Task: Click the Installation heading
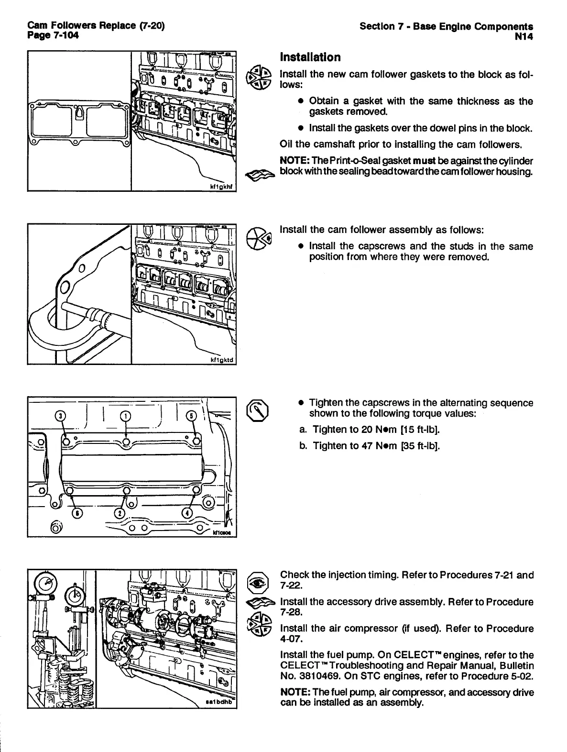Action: tap(310, 57)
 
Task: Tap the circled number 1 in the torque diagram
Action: tap(124, 416)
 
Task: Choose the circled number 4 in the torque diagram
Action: tap(188, 513)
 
